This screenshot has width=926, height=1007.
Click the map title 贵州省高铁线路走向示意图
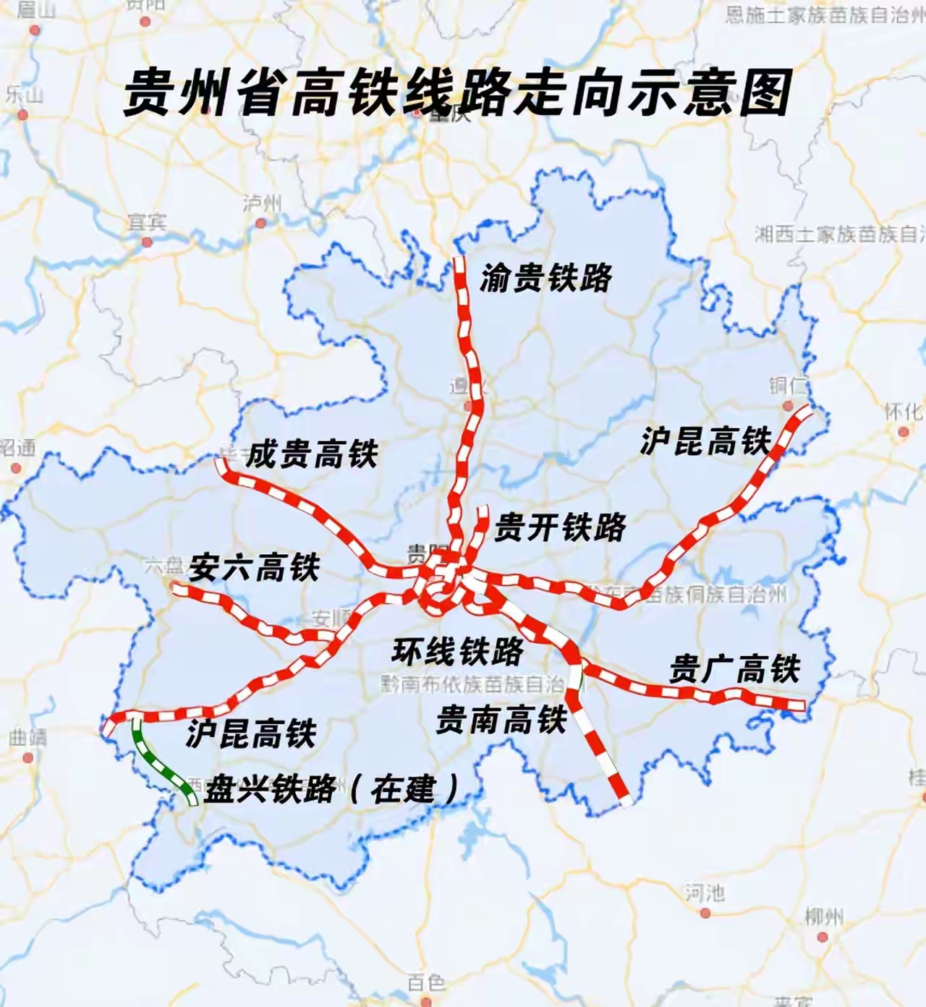click(457, 93)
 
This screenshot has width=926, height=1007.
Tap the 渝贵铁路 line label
click(545, 278)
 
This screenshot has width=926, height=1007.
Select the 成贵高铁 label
click(312, 455)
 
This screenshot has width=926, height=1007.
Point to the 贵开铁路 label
click(559, 527)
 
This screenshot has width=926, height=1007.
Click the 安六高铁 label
click(254, 568)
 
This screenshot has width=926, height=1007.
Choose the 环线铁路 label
click(458, 652)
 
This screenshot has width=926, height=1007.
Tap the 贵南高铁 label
click(501, 720)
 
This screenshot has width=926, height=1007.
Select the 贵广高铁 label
click(734, 668)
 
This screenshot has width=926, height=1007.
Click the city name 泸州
click(261, 204)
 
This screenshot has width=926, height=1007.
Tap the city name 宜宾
click(147, 222)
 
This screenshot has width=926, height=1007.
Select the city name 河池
click(704, 893)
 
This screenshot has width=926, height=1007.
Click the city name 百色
click(425, 982)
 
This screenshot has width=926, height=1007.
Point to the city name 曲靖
click(27, 738)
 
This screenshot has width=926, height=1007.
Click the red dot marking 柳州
click(823, 937)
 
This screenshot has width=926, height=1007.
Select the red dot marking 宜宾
click(147, 242)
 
